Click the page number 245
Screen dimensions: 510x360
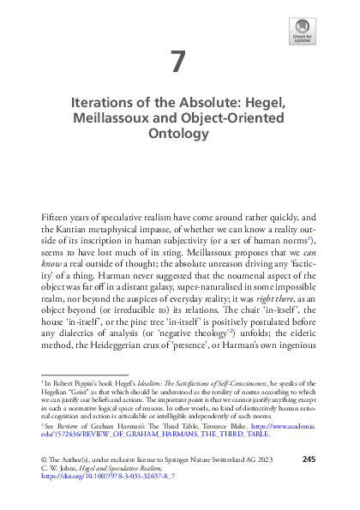pos(309,484)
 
